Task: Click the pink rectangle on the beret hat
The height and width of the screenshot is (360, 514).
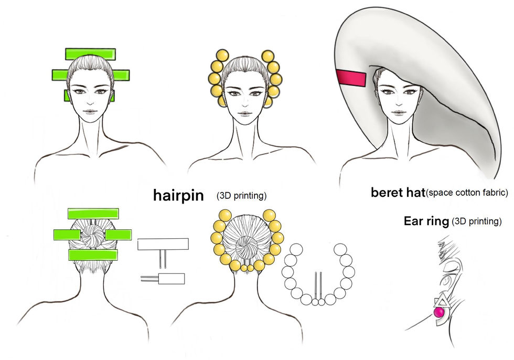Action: click(351, 78)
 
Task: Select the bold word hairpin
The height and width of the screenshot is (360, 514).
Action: click(181, 195)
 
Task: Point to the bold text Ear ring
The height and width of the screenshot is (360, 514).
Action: click(426, 221)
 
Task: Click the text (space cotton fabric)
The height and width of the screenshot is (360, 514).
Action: click(466, 193)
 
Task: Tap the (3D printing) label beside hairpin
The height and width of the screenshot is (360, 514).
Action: click(242, 196)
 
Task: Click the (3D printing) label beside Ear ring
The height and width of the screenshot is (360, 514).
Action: click(477, 221)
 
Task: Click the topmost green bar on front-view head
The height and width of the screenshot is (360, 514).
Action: click(90, 54)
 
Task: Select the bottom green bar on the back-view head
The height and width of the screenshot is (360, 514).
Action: click(93, 255)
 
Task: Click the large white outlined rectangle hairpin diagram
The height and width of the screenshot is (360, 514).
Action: click(163, 244)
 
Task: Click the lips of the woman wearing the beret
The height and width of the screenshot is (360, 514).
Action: click(398, 112)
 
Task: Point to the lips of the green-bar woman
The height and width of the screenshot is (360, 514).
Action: click(90, 112)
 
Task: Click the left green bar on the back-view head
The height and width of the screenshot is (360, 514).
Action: click(67, 235)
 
